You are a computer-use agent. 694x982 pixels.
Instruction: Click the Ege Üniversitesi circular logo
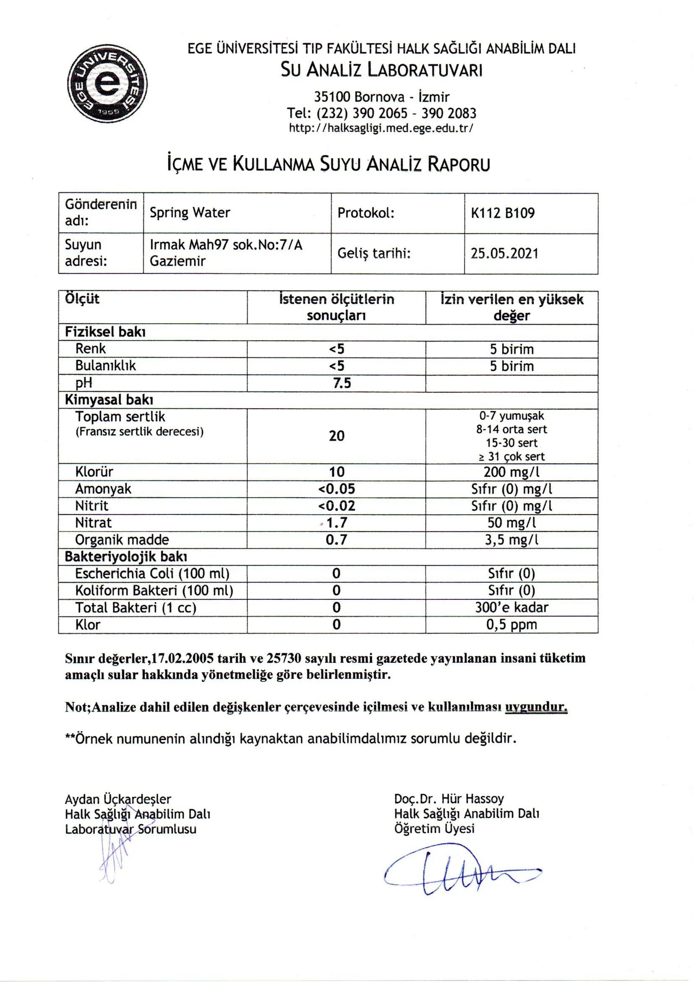107,84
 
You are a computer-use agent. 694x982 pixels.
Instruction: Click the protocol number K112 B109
503,213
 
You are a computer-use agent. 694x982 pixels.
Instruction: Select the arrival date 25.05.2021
504,253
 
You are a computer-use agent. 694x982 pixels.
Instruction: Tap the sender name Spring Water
190,213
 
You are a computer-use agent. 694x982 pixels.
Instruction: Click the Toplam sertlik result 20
337,436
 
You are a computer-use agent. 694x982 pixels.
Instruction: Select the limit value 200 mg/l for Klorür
511,472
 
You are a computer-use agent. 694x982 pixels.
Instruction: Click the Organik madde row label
122,540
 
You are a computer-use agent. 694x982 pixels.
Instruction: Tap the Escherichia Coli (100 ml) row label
152,574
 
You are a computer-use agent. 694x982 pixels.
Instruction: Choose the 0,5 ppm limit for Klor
511,625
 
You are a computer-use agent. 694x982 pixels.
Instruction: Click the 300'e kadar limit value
511,608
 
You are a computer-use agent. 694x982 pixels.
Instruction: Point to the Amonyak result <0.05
337,489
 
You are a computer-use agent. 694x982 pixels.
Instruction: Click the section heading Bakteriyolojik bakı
125,557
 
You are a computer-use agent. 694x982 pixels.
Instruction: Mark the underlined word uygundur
536,707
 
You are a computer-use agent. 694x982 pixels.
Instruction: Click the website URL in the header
381,128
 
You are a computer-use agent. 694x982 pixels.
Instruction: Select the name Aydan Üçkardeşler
118,799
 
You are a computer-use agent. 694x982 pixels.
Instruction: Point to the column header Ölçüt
82,299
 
